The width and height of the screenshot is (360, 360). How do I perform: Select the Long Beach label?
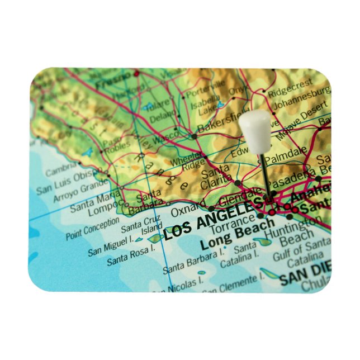tap(238, 237)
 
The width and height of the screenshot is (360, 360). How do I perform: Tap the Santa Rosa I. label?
tap(130, 258)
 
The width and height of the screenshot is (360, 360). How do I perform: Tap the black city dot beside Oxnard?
tap(211, 209)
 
